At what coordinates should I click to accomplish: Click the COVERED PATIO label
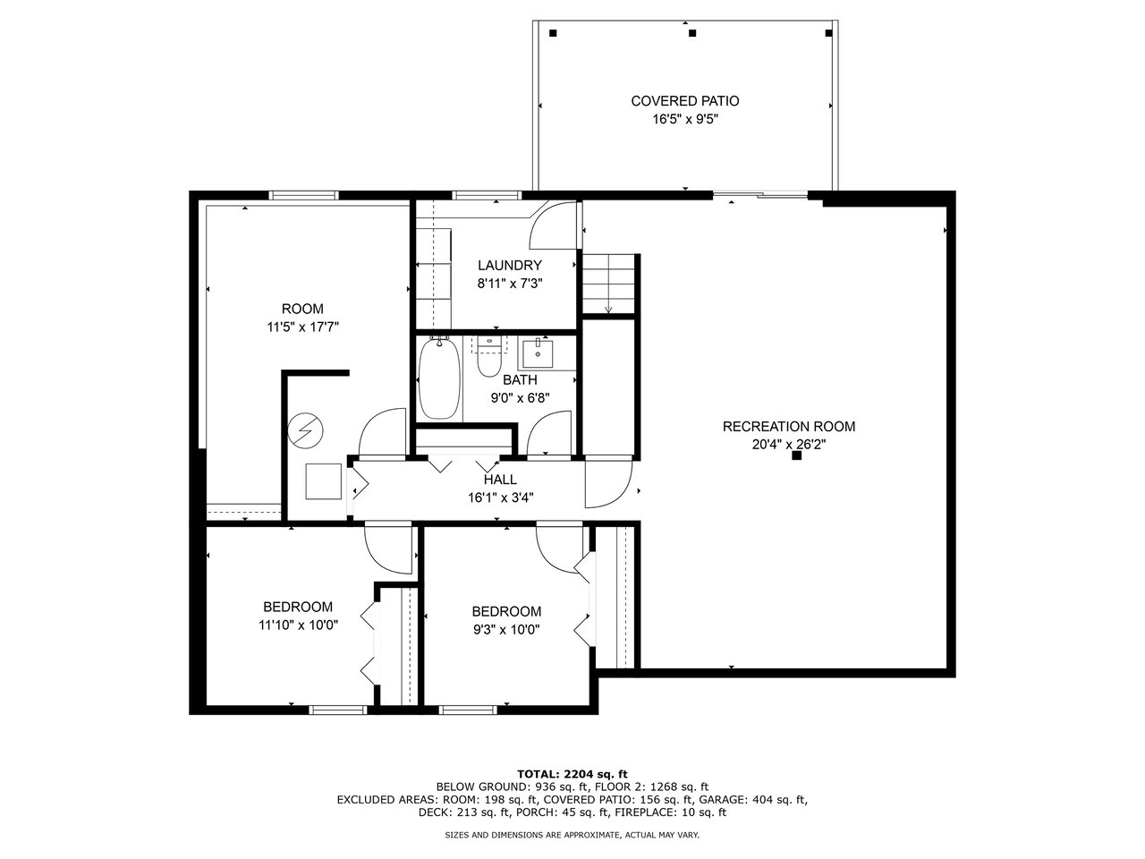click(x=684, y=100)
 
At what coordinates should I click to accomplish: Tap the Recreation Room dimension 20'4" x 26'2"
click(x=789, y=445)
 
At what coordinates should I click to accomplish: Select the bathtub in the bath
click(x=439, y=378)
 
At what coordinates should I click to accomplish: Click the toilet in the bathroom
click(x=489, y=356)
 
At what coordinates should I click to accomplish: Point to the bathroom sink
click(x=538, y=354)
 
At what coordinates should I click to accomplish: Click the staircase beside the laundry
click(x=607, y=284)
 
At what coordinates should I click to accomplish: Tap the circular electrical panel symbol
click(x=305, y=430)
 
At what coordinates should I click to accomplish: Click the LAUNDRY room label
click(x=509, y=266)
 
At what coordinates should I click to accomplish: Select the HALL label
click(x=500, y=480)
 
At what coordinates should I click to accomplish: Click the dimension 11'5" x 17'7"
click(x=302, y=327)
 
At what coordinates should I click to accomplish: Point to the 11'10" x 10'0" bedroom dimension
click(x=298, y=625)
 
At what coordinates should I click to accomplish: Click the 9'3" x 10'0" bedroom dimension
click(x=506, y=630)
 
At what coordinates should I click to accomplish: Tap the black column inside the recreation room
click(x=796, y=455)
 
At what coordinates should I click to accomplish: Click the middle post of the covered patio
click(x=692, y=33)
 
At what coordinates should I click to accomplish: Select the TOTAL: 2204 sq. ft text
click(x=572, y=774)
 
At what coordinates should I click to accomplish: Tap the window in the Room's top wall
click(x=303, y=196)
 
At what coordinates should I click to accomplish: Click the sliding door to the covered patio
click(x=760, y=196)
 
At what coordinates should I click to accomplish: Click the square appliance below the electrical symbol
click(x=324, y=481)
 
